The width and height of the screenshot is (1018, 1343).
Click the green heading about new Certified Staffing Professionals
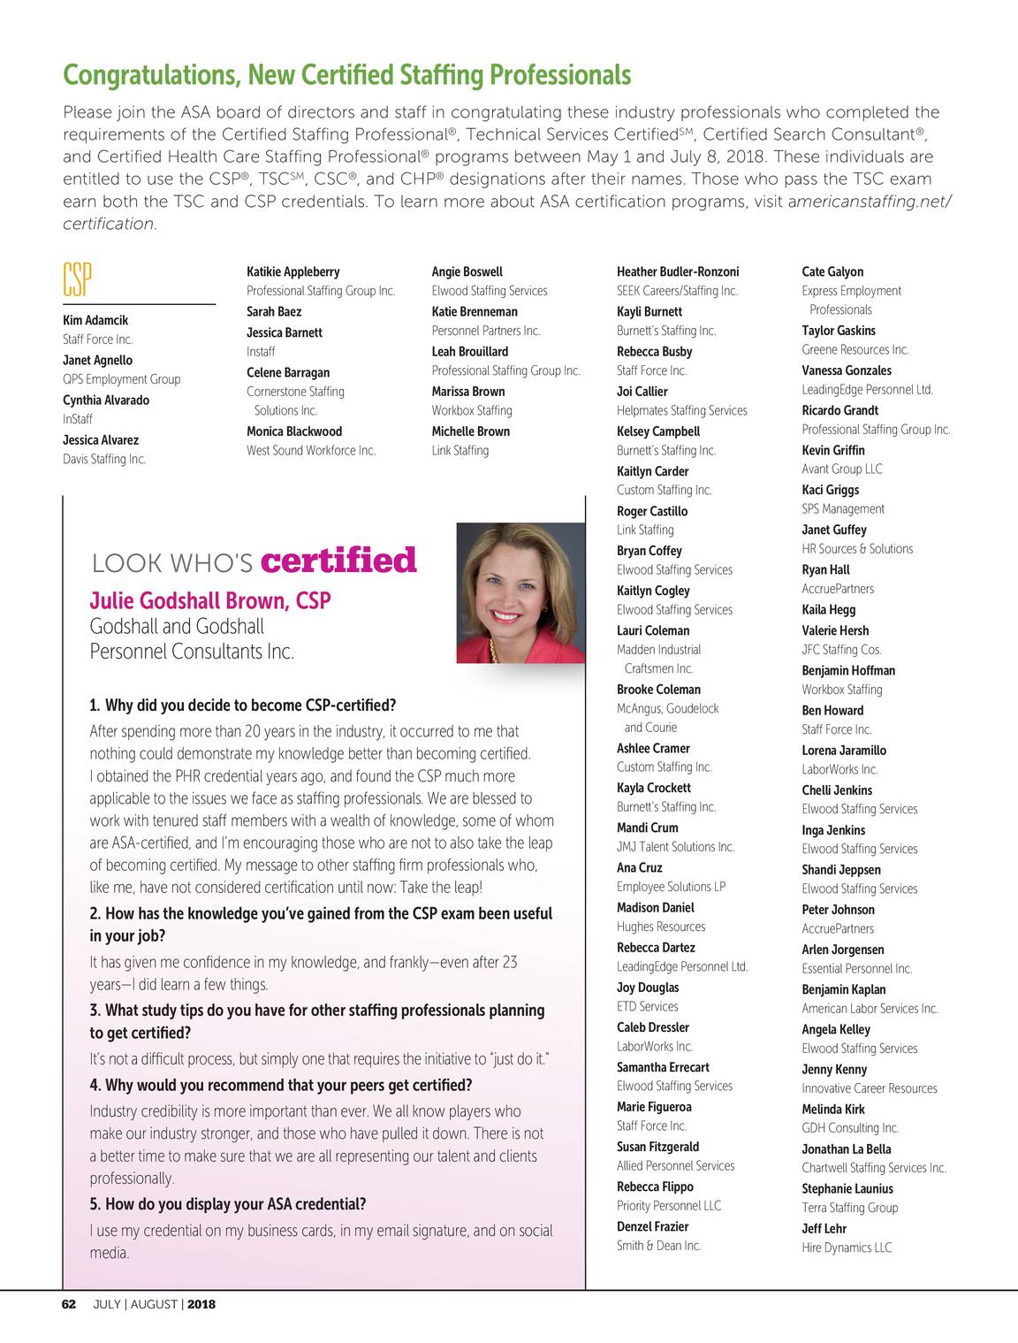click(x=346, y=75)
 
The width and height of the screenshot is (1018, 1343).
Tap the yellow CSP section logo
click(x=77, y=279)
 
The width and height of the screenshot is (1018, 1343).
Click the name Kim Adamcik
click(x=95, y=320)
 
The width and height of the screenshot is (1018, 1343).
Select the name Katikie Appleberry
click(x=292, y=271)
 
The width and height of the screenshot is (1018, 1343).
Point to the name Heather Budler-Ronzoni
click(x=677, y=271)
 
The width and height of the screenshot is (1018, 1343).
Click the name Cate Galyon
click(x=832, y=271)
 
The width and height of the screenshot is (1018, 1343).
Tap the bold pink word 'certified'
click(x=339, y=561)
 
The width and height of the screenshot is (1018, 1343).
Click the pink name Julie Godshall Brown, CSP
click(x=210, y=601)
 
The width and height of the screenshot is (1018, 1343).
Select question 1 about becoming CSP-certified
click(x=243, y=706)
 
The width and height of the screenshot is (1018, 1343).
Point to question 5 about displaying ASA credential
click(x=228, y=1204)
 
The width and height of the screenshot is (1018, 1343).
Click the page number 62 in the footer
click(x=70, y=1304)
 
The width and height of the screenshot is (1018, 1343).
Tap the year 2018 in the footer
click(x=201, y=1304)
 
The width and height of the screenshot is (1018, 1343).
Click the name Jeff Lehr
click(x=824, y=1228)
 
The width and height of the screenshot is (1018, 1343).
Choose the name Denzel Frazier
click(x=652, y=1226)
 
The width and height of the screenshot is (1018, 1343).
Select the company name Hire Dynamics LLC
click(x=847, y=1248)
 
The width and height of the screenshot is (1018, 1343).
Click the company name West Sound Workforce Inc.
click(x=311, y=450)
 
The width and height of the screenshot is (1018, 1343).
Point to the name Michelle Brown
click(x=470, y=431)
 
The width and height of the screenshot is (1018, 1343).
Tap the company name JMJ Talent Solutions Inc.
click(x=675, y=846)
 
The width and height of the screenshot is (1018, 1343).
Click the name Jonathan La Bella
click(x=846, y=1148)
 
